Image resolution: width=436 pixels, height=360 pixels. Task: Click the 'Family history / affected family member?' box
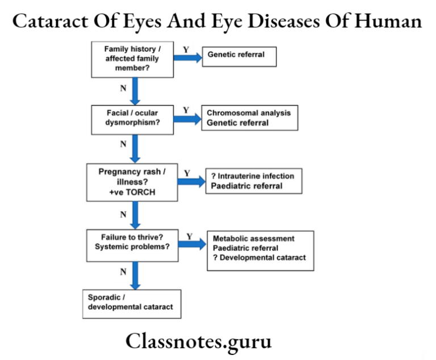[x=132, y=58]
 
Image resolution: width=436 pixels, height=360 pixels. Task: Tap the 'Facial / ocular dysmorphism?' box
[x=132, y=118]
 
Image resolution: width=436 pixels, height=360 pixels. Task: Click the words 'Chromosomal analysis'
[x=248, y=113]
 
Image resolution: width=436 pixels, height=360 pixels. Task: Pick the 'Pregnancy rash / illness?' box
[x=132, y=182]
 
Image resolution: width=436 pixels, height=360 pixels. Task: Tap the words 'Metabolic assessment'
[x=253, y=238]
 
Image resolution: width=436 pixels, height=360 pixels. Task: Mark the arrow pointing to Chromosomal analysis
[x=187, y=118]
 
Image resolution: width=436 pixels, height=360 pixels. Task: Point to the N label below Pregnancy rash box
[x=123, y=214]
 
